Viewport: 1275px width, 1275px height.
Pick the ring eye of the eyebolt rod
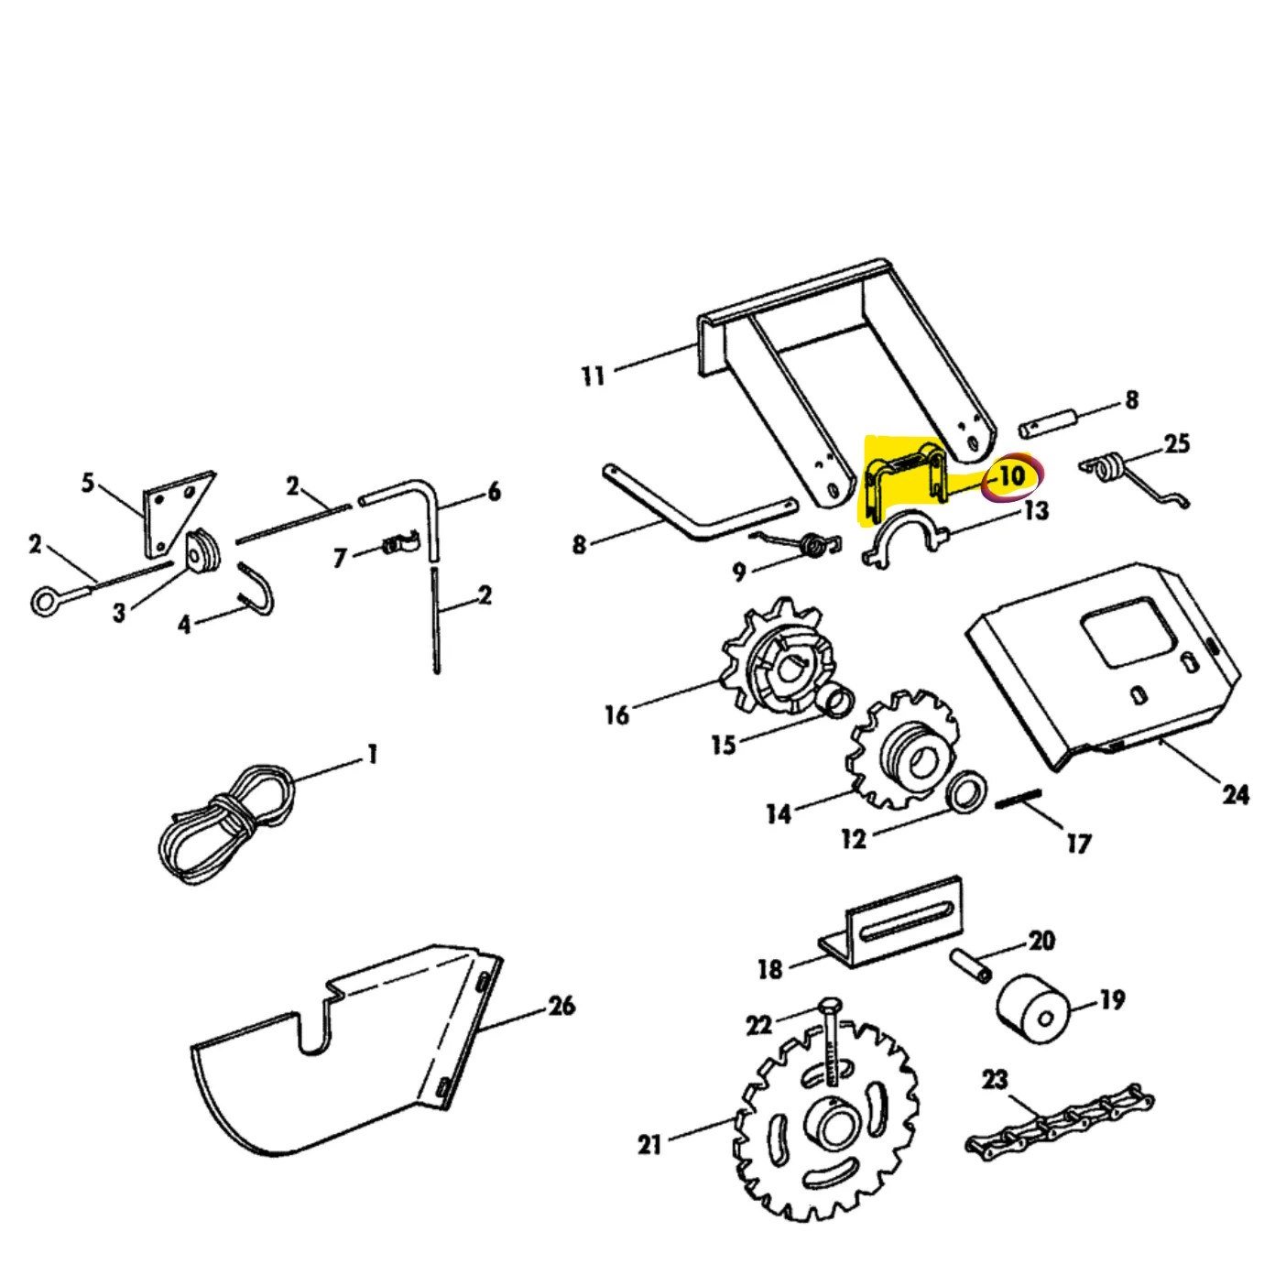[47, 602]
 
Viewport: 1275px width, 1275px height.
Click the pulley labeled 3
[202, 551]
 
